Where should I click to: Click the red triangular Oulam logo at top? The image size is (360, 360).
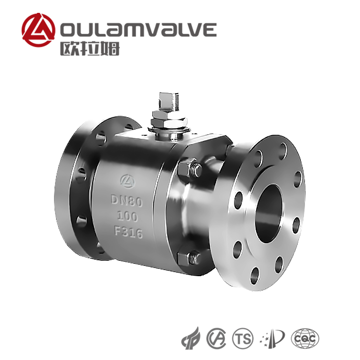(39, 30)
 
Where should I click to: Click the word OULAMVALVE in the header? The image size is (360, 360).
(138, 29)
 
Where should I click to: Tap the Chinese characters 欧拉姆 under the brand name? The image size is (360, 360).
(90, 48)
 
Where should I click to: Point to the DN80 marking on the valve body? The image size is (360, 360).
(127, 201)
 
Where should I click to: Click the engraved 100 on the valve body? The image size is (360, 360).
(128, 217)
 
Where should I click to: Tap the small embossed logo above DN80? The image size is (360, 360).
(128, 181)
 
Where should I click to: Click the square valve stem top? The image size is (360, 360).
(169, 101)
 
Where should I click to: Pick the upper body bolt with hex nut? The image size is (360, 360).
(190, 169)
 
